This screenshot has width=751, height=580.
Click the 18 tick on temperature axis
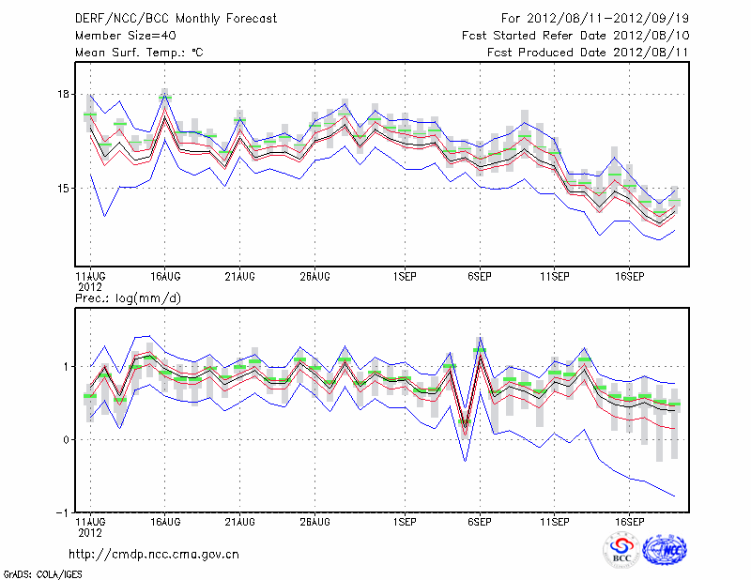63,94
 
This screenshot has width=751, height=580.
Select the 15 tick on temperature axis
63,189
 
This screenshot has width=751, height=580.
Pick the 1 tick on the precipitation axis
66,367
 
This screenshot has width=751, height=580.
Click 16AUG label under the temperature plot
165,277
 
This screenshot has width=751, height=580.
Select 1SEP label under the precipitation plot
406,521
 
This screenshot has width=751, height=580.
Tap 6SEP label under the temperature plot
480,277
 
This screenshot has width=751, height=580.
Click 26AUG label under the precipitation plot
314,521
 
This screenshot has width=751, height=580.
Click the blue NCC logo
665,550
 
